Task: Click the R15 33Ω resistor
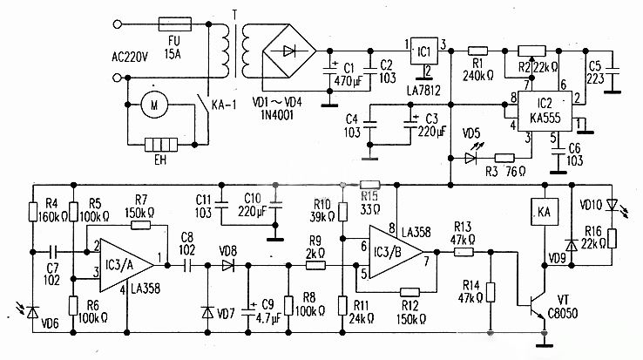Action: coord(369,185)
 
